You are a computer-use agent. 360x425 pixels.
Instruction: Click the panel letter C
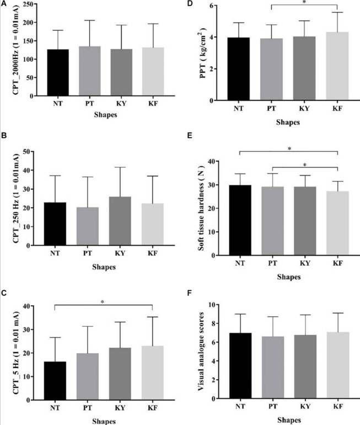click(x=3, y=293)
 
